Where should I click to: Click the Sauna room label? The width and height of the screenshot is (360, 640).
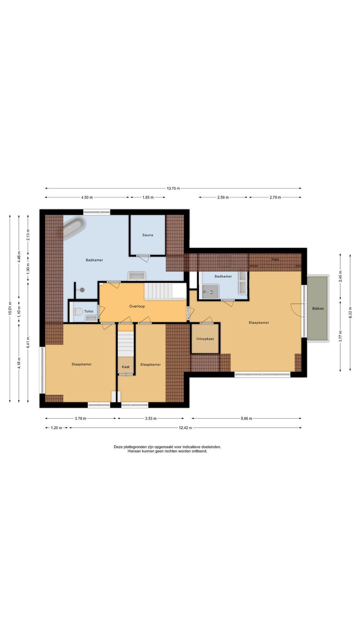point(148,235)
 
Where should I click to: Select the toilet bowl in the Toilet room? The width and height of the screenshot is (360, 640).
point(78,311)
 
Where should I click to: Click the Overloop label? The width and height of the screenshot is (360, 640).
point(137,307)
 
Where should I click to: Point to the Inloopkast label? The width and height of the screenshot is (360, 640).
point(205,339)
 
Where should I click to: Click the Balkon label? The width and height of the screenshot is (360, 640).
point(318,309)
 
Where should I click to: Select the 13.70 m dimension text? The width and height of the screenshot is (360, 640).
point(173,188)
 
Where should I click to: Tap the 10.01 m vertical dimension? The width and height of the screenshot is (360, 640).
point(10,308)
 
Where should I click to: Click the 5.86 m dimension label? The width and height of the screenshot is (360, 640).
point(246,419)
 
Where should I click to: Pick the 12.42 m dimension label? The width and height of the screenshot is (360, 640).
point(185,428)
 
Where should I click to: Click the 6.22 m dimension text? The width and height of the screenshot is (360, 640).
point(350,312)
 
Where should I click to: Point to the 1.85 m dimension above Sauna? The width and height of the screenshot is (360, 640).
point(148,197)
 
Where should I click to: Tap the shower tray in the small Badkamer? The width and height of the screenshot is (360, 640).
point(210,292)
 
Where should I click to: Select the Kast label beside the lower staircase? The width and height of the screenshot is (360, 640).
point(126,367)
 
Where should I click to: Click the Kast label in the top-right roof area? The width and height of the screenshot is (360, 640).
point(275,260)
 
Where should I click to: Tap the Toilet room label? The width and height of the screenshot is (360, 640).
point(89,311)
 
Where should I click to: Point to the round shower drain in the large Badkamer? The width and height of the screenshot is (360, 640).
point(82,290)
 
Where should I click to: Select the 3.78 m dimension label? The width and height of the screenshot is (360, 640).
point(80,419)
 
